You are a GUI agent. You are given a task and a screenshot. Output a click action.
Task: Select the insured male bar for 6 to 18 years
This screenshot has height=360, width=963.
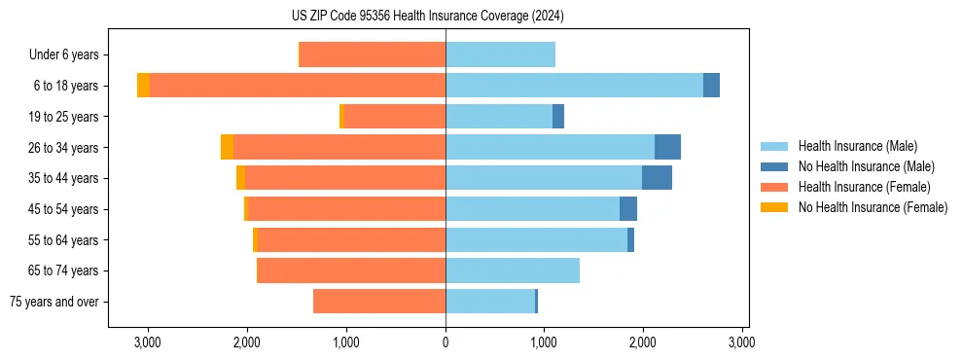pyautogui.click(x=574, y=86)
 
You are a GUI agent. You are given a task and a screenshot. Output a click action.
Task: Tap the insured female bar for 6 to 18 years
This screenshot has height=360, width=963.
pyautogui.click(x=298, y=86)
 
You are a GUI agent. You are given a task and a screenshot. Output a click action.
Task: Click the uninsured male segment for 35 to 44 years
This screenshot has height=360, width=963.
pyautogui.click(x=657, y=178)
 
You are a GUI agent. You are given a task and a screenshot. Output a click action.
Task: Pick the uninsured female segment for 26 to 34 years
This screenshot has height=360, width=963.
pyautogui.click(x=227, y=147)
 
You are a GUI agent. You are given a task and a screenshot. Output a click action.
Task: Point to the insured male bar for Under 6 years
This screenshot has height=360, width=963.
pyautogui.click(x=500, y=54)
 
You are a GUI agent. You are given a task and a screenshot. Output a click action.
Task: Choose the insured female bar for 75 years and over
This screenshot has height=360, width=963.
pyautogui.click(x=379, y=302)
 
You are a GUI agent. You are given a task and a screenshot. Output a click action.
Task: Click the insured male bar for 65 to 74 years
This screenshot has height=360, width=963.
pyautogui.click(x=513, y=270)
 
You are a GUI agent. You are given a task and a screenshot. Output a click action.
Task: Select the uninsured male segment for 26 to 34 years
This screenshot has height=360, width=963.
pyautogui.click(x=667, y=147)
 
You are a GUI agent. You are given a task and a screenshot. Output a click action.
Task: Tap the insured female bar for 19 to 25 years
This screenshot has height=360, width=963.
pyautogui.click(x=395, y=117)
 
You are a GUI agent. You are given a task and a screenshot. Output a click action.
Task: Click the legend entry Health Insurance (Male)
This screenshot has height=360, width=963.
pyautogui.click(x=857, y=146)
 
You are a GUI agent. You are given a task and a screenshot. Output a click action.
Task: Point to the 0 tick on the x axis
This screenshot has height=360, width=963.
pyautogui.click(x=446, y=342)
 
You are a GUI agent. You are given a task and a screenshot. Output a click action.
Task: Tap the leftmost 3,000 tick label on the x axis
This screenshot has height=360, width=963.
pyautogui.click(x=148, y=342)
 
